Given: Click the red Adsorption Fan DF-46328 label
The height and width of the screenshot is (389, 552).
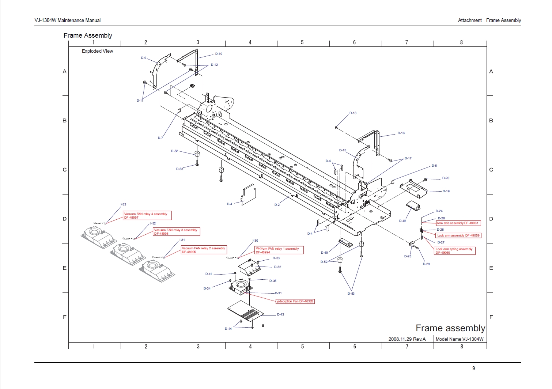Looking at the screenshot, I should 295,301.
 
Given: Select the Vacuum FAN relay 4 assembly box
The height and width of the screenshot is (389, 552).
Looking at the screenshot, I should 147,216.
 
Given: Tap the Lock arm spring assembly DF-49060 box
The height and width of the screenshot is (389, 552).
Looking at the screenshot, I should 454,251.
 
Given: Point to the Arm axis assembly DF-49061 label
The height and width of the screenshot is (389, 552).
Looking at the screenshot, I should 458,223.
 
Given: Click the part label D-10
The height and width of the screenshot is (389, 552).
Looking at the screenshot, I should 219,54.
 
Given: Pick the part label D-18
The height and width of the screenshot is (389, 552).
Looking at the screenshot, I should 353,113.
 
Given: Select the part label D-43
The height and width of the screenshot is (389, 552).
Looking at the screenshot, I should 280,314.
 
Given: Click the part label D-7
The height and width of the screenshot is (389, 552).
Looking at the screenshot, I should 160,138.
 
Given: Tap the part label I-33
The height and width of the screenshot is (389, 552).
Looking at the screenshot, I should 124,204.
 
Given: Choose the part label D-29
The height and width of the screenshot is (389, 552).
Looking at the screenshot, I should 426,264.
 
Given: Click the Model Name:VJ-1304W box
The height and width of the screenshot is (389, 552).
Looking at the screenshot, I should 460,339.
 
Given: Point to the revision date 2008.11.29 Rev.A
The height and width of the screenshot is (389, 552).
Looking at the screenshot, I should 407,339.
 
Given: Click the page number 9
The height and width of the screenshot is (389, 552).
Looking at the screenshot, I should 474,368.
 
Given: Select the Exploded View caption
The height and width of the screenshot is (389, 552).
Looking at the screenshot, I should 97,51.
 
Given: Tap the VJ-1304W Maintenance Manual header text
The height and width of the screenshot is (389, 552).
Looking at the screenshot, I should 68,20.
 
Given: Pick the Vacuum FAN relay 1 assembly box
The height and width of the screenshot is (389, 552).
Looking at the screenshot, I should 279,250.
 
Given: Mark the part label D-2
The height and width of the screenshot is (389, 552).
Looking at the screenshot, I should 277,205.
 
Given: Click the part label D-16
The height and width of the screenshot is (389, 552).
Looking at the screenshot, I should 401,133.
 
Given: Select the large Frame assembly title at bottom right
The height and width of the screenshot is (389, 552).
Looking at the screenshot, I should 450,328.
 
